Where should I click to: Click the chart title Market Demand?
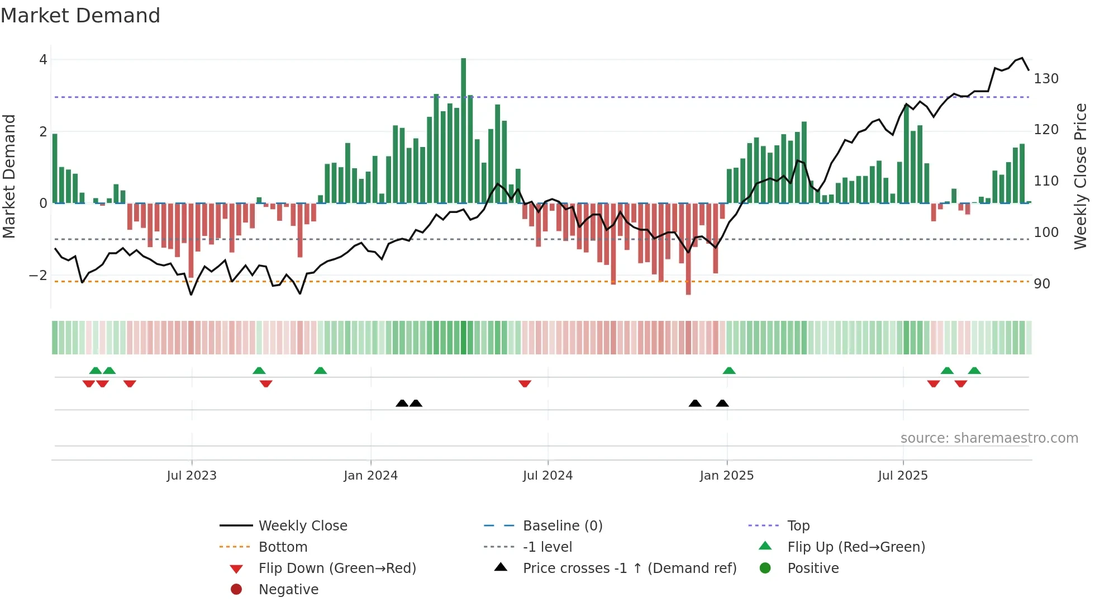(80, 16)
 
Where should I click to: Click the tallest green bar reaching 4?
(464, 131)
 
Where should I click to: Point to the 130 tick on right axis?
(1046, 79)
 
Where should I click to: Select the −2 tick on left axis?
(38, 276)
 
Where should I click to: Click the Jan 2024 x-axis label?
(370, 476)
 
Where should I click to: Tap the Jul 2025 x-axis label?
(902, 476)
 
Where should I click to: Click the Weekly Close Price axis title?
(1080, 176)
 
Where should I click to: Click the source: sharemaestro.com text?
(989, 438)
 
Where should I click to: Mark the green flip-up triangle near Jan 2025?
(729, 371)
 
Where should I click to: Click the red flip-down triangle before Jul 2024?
(525, 383)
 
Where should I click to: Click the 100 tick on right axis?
(1046, 233)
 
